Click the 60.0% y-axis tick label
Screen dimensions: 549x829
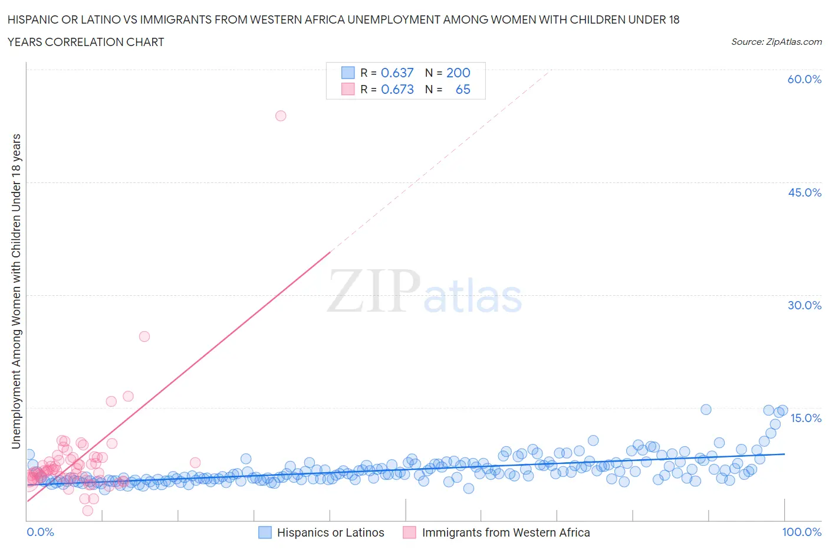804,79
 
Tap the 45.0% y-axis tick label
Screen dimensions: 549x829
804,192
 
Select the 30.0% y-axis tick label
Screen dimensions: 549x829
804,305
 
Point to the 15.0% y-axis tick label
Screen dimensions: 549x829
804,418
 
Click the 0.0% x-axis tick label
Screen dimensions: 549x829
40,532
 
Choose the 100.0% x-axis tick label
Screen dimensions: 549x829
801,532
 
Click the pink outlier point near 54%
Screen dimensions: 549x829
281,116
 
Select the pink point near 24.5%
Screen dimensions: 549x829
144,336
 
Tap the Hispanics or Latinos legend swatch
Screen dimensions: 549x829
265,532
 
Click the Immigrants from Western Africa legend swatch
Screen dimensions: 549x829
410,532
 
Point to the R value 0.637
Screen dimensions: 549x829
397,73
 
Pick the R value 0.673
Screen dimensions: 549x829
397,89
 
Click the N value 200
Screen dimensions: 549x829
458,73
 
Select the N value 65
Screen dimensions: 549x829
463,89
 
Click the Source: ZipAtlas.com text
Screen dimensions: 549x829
776,41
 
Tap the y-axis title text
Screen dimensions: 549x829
16,291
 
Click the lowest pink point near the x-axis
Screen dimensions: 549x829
88,511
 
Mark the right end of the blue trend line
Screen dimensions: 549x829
784,454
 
